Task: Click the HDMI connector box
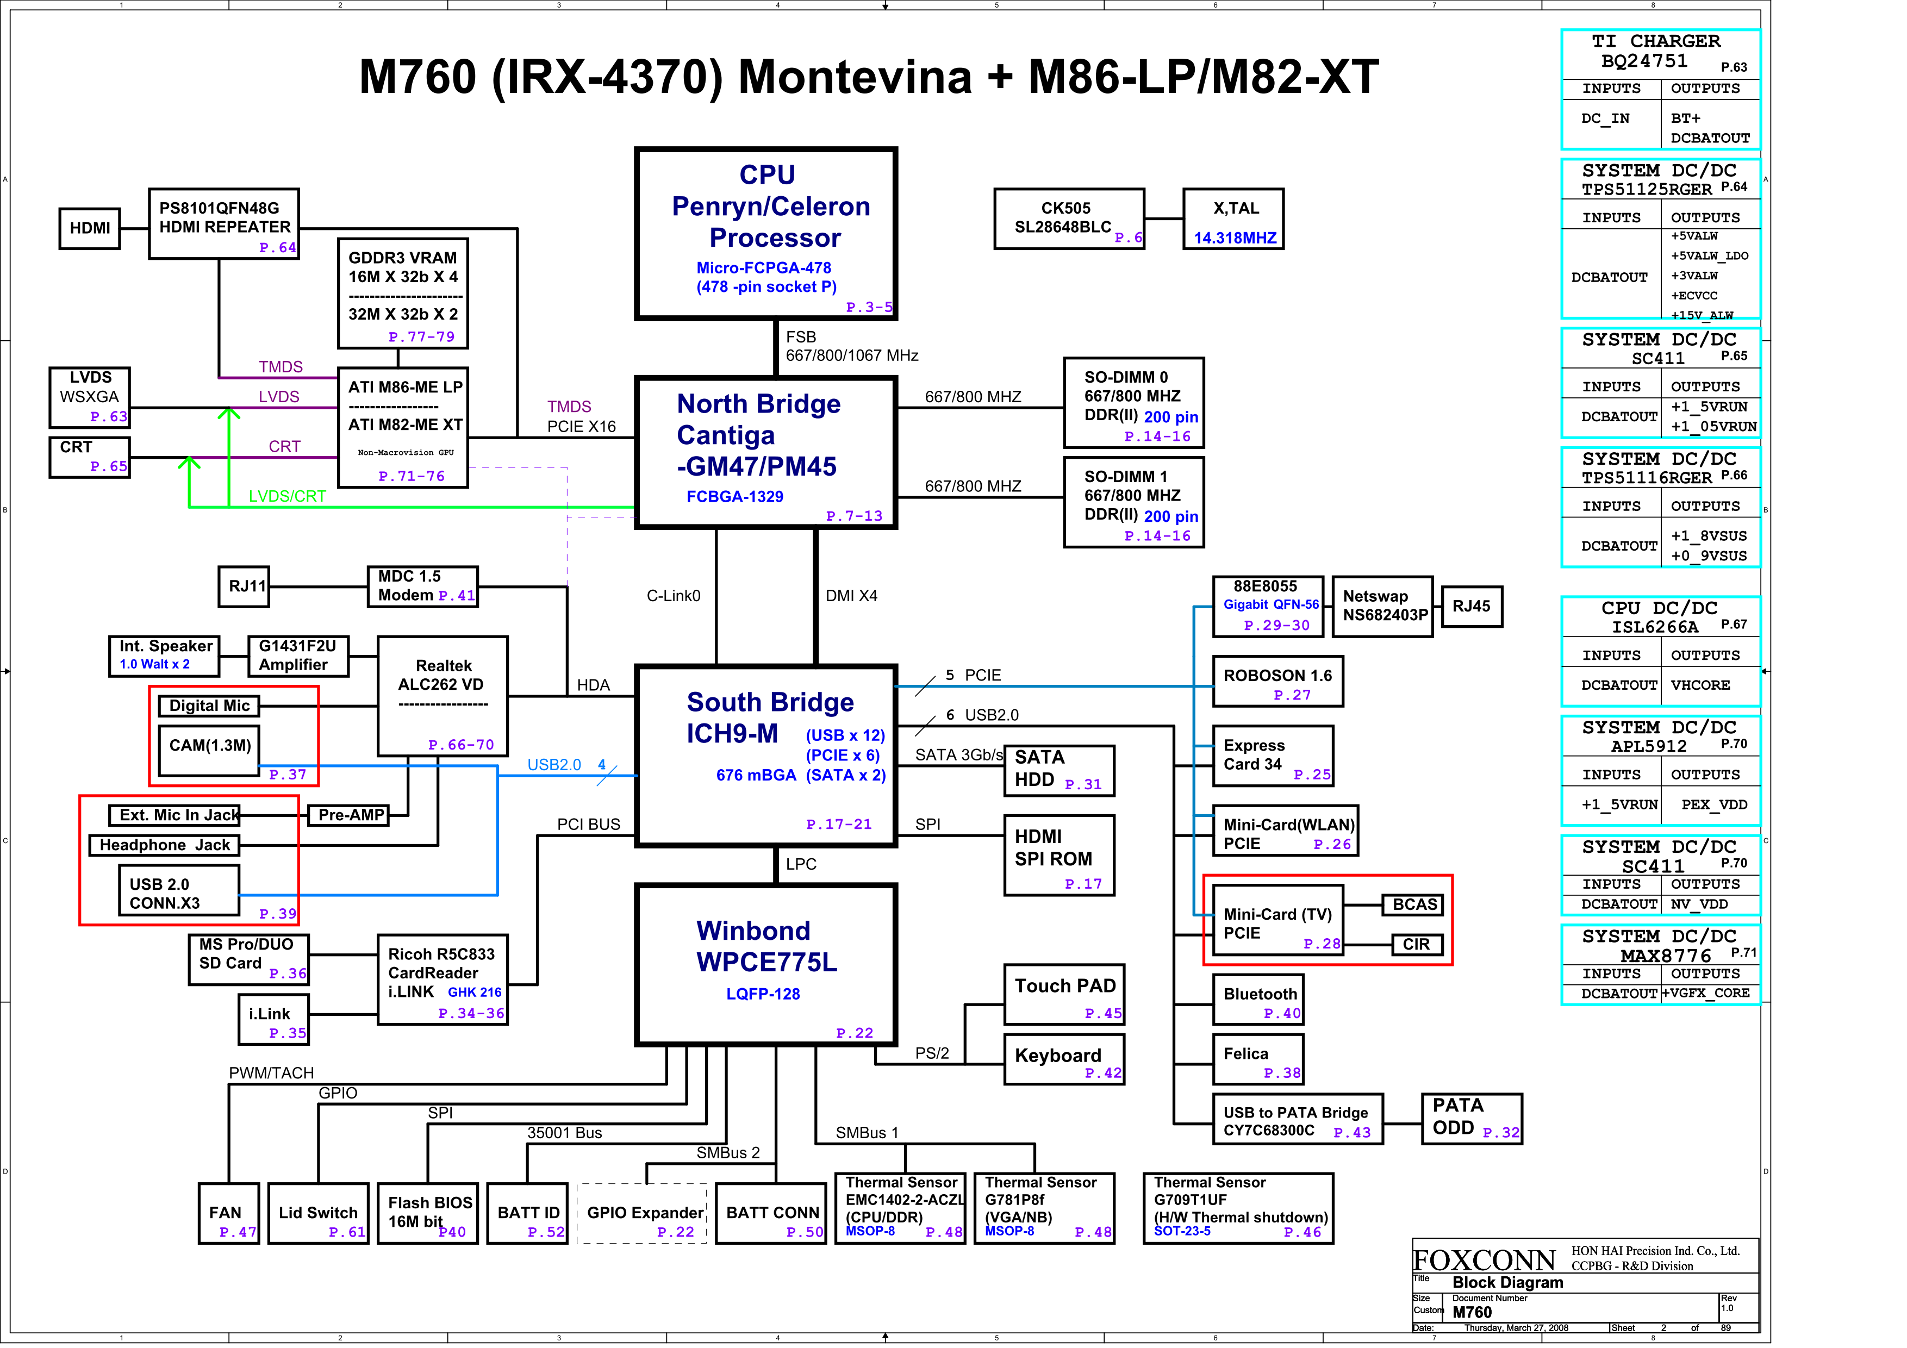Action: pos(90,228)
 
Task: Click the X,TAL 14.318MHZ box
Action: pos(1234,219)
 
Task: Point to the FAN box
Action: pos(228,1213)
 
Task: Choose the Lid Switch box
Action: pos(318,1213)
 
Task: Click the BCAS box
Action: pos(1413,904)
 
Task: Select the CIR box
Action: pos(1416,944)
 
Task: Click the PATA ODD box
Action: pos(1471,1119)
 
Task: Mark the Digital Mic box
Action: pos(209,706)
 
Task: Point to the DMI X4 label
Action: pos(851,596)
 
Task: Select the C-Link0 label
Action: pos(673,596)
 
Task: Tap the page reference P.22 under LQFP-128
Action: pos(854,1033)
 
